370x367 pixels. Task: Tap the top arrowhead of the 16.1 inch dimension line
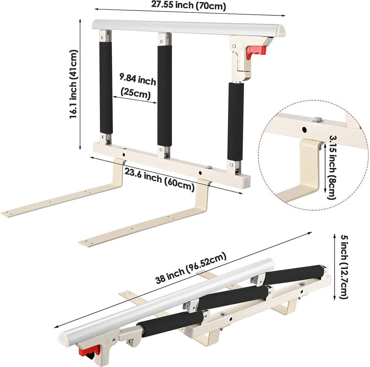(80, 19)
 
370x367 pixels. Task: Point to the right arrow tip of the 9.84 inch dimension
(157, 103)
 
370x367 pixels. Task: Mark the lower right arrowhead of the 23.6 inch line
(242, 194)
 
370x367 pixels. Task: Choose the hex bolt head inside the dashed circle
(318, 120)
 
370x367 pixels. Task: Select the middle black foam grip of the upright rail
(165, 96)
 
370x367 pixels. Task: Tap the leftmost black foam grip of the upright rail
(106, 88)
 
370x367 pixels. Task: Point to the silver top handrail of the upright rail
(189, 29)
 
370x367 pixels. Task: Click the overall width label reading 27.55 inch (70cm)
(188, 5)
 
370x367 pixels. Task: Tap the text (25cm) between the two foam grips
(135, 94)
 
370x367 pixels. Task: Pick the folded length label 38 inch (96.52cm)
(191, 268)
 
